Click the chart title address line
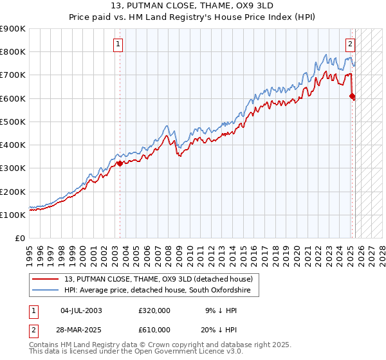click(192, 7)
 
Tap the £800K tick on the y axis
click(12, 52)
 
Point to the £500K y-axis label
click(12, 122)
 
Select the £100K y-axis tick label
click(12, 215)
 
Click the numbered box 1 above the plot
click(119, 44)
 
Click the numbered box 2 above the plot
click(350, 44)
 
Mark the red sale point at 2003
click(120, 163)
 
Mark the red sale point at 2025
click(352, 96)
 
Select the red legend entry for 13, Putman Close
click(158, 279)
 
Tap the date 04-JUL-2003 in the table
click(81, 310)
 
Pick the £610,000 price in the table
click(154, 329)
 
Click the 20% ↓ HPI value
click(219, 329)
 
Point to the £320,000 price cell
click(154, 310)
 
